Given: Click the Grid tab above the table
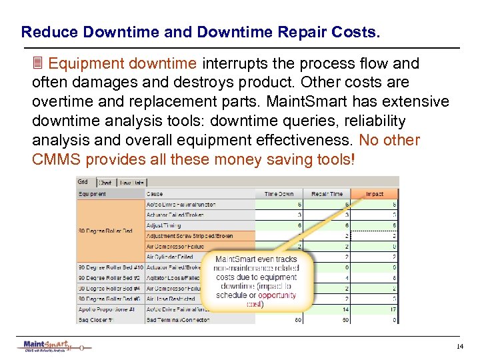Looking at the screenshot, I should pyautogui.click(x=83, y=181).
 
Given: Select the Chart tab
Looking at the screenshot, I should pyautogui.click(x=105, y=182).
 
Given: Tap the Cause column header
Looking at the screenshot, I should pyautogui.click(x=155, y=194).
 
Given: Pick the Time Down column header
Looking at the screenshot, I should pyautogui.click(x=279, y=194).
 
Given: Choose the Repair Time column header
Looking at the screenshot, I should pyautogui.click(x=327, y=194).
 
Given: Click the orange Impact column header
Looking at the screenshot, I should pyautogui.click(x=375, y=194).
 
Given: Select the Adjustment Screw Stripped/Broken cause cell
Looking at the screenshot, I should pyautogui.click(x=190, y=236).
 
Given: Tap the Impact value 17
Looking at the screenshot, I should pyautogui.click(x=393, y=309).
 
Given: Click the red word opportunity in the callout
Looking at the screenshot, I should pyautogui.click(x=277, y=295).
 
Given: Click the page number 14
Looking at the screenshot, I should pyautogui.click(x=460, y=347).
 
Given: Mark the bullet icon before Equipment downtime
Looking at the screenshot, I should pyautogui.click(x=38, y=64).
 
